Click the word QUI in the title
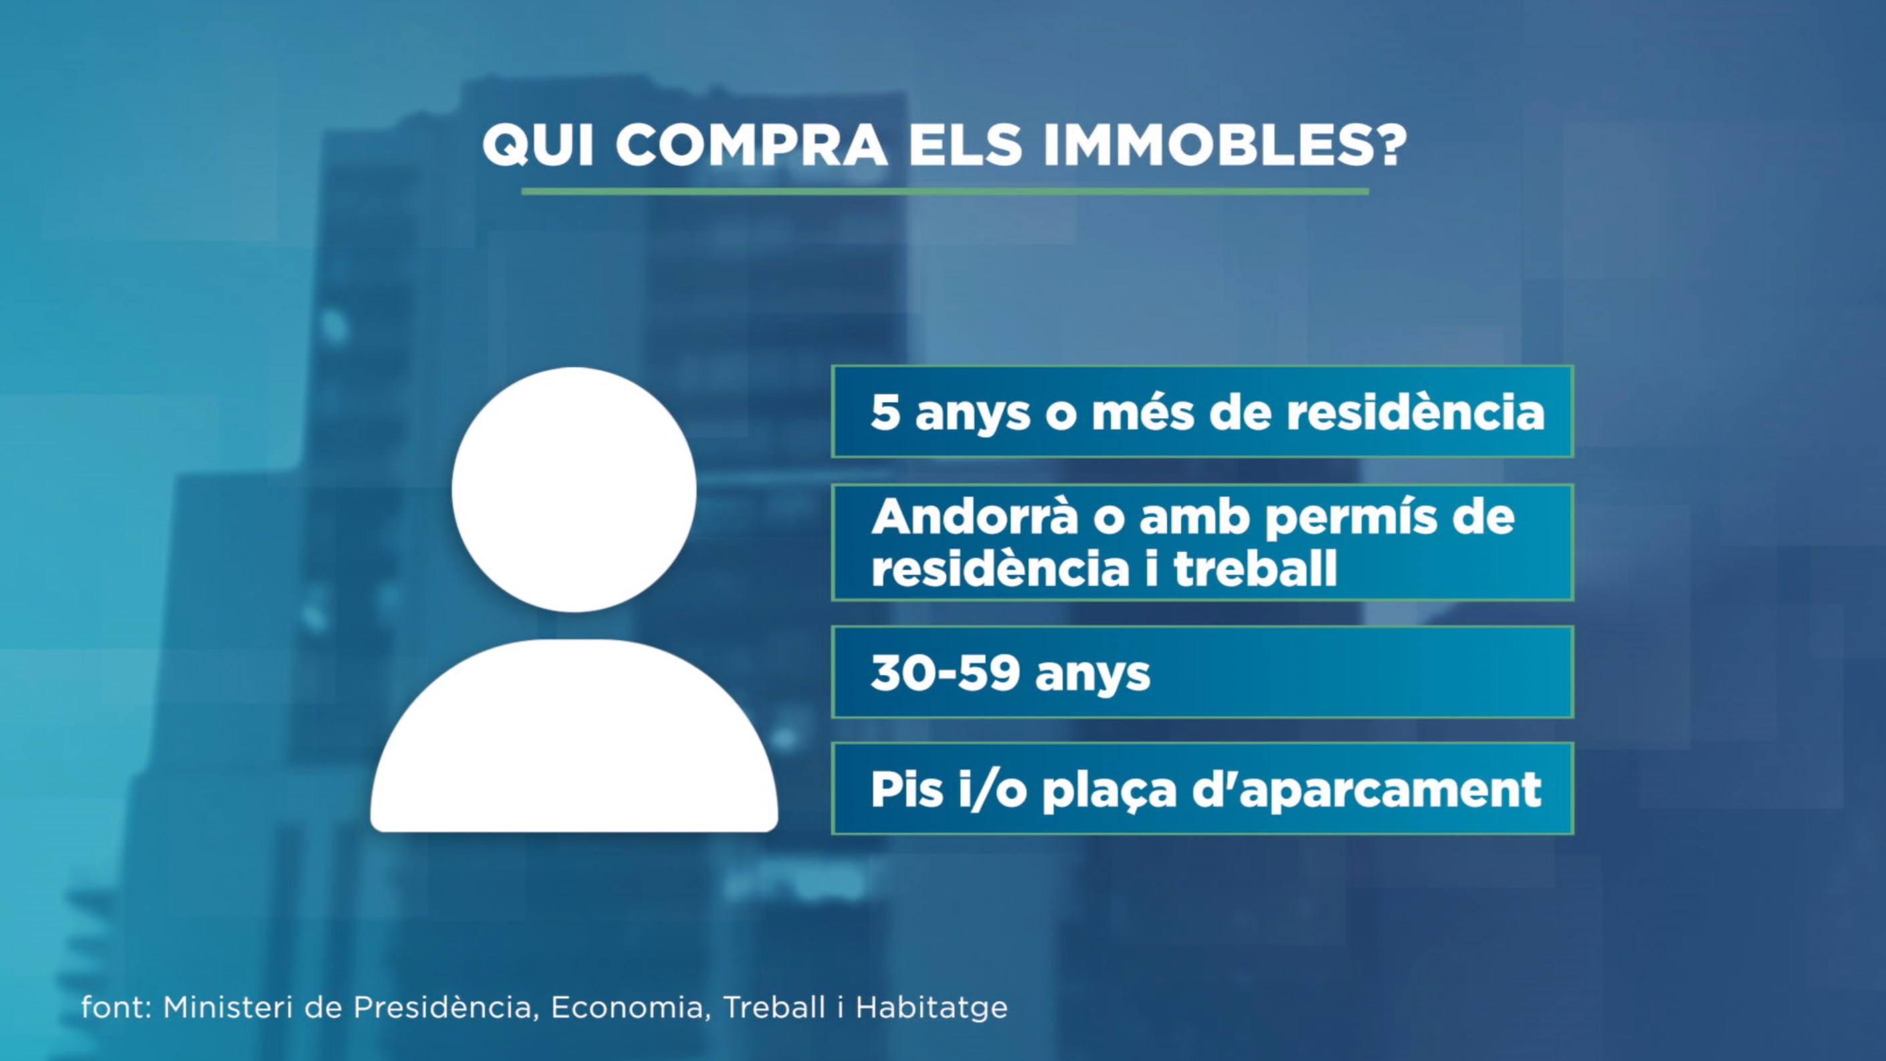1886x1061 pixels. tap(538, 145)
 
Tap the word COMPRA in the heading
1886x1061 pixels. tap(751, 145)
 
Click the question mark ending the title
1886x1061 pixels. tap(1385, 145)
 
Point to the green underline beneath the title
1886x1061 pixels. tap(944, 192)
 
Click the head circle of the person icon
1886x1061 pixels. tap(574, 489)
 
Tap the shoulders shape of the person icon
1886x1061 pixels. tap(574, 739)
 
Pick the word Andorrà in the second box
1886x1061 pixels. tap(974, 517)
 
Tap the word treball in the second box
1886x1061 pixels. tap(1255, 568)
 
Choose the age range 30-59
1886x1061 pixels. tap(944, 673)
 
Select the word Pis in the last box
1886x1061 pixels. tap(906, 789)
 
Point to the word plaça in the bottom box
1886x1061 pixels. tap(1108, 791)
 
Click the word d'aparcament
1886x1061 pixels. tap(1367, 789)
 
